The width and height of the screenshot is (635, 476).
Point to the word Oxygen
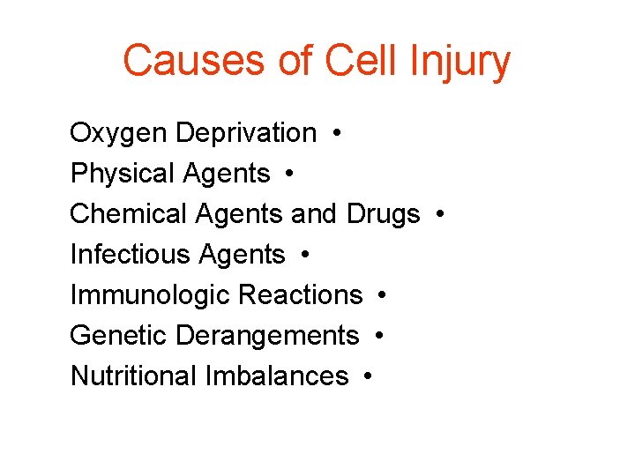coord(118,134)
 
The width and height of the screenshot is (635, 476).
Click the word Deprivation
coord(246,133)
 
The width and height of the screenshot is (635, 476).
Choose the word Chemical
coord(129,214)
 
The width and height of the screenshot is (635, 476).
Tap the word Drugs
coord(384,214)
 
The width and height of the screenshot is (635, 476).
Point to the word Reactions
coord(301,295)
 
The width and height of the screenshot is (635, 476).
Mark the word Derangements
coord(267,336)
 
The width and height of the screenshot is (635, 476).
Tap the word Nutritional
coord(133,376)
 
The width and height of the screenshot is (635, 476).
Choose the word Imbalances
coord(277,376)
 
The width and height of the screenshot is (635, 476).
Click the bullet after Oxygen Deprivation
coord(339,134)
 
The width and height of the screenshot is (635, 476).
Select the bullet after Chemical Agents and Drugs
coord(440,215)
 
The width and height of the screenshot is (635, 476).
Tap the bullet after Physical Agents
coord(290,175)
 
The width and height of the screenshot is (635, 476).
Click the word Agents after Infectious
coord(242,256)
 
